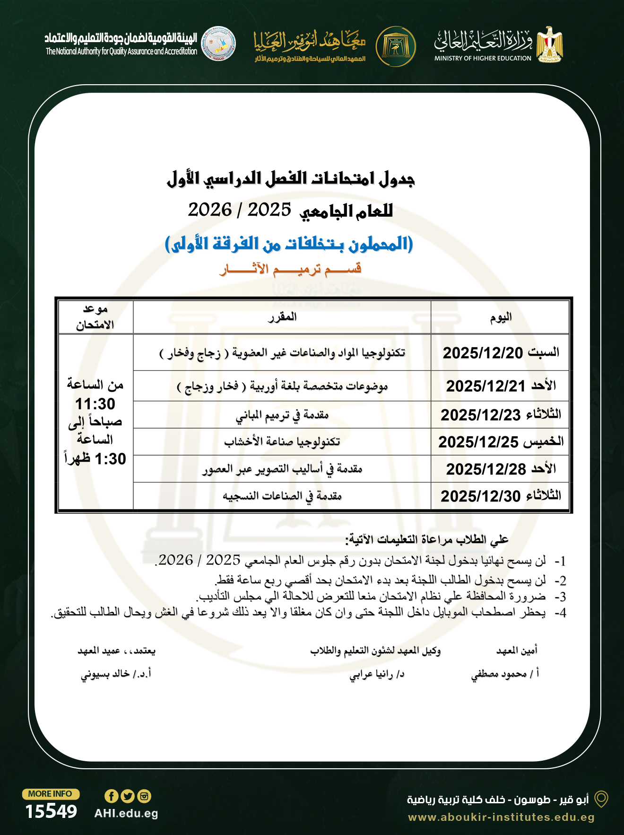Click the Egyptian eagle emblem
point(549,44)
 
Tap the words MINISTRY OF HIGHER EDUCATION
point(483,58)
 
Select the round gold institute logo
point(396,46)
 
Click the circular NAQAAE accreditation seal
point(218,44)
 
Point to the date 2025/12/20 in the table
point(483,353)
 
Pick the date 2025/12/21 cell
point(486,386)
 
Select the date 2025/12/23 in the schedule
point(480,415)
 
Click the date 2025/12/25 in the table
point(478,442)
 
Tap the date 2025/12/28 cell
point(486,469)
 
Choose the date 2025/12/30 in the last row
point(480,496)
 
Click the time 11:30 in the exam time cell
point(95,404)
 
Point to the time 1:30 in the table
point(110,459)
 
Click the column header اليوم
point(501,317)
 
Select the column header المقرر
point(282,317)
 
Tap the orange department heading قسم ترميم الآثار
point(290,269)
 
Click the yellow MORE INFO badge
point(51,794)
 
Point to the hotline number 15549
point(51,811)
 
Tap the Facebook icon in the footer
point(111,796)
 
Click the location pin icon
point(601,799)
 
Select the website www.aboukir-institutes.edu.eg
point(501,817)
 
